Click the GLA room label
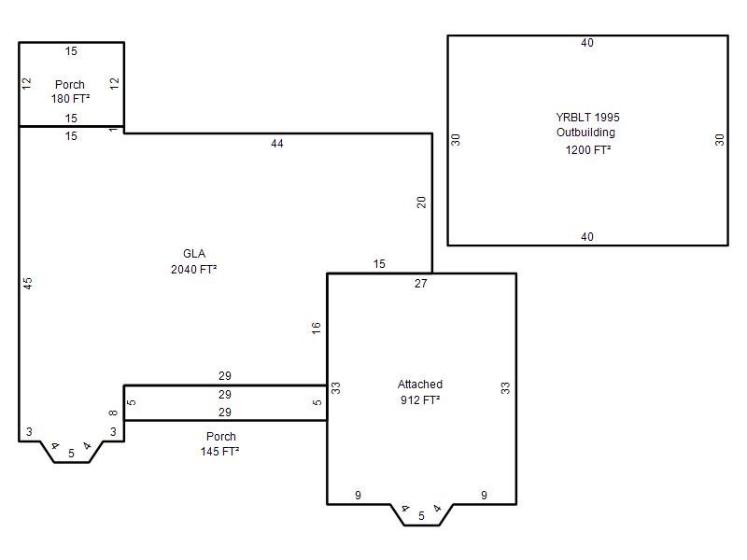[x=194, y=254]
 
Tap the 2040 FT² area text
[x=194, y=270]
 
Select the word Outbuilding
[x=585, y=133]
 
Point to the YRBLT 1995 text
[x=587, y=118]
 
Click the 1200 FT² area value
[x=588, y=150]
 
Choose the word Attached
[x=419, y=385]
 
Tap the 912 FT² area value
[x=419, y=400]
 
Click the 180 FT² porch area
[x=71, y=99]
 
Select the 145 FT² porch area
[x=219, y=452]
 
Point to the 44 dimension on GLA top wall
[x=276, y=144]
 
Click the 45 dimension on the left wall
[x=28, y=284]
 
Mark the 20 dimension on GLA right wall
[x=422, y=203]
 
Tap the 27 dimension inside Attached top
[x=421, y=284]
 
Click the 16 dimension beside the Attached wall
[x=317, y=329]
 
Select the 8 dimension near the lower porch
[x=113, y=413]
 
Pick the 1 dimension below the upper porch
[x=113, y=130]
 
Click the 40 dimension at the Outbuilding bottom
[x=587, y=237]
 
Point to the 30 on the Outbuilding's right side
[x=719, y=139]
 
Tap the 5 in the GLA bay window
[x=71, y=454]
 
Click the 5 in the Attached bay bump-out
[x=421, y=516]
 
